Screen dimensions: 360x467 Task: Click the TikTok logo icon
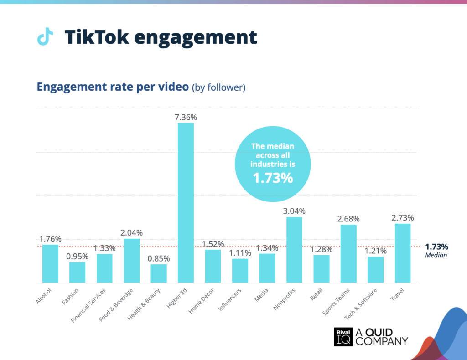[45, 37]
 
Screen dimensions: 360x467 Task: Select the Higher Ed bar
[186, 203]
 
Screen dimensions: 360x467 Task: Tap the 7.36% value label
[186, 117]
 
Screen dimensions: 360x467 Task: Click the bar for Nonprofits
[294, 250]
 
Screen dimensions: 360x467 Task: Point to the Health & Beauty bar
[159, 273]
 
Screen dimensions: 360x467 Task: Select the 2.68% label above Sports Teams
[348, 219]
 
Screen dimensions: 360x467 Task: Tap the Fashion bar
[78, 273]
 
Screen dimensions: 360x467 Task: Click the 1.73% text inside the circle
[273, 178]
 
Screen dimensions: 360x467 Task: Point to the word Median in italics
[436, 256]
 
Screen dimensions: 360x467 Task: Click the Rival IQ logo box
[343, 337]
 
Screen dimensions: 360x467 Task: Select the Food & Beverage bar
[132, 261]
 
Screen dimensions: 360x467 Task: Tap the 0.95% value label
[78, 257]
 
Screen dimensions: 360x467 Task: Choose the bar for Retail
[322, 269]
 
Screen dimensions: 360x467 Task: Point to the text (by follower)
[219, 87]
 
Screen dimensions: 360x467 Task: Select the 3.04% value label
[294, 211]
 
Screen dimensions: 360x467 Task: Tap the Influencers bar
[240, 271]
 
